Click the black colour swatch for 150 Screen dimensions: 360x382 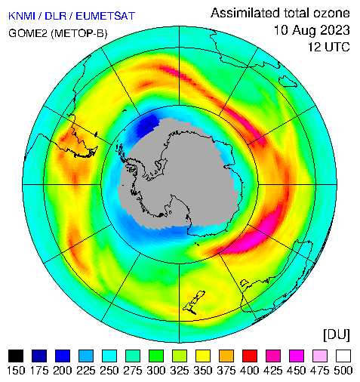point(16,356)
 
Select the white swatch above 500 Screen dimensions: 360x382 point(343,356)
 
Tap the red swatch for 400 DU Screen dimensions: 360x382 point(250,356)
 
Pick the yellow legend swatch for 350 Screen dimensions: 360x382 point(203,356)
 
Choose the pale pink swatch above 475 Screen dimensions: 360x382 point(320,356)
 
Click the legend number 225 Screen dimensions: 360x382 point(86,371)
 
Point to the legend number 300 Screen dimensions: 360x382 point(156,371)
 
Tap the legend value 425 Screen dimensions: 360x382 point(273,371)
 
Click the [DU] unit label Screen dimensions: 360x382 point(337,335)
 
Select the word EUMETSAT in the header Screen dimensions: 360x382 point(106,16)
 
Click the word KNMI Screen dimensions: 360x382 point(22,16)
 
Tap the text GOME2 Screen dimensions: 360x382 point(28,33)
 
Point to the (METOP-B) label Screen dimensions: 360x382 point(79,33)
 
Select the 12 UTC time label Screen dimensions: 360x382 point(329,47)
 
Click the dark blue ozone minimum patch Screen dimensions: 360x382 point(147,125)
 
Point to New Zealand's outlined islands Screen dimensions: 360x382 point(194,302)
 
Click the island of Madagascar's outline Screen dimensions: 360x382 point(288,82)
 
